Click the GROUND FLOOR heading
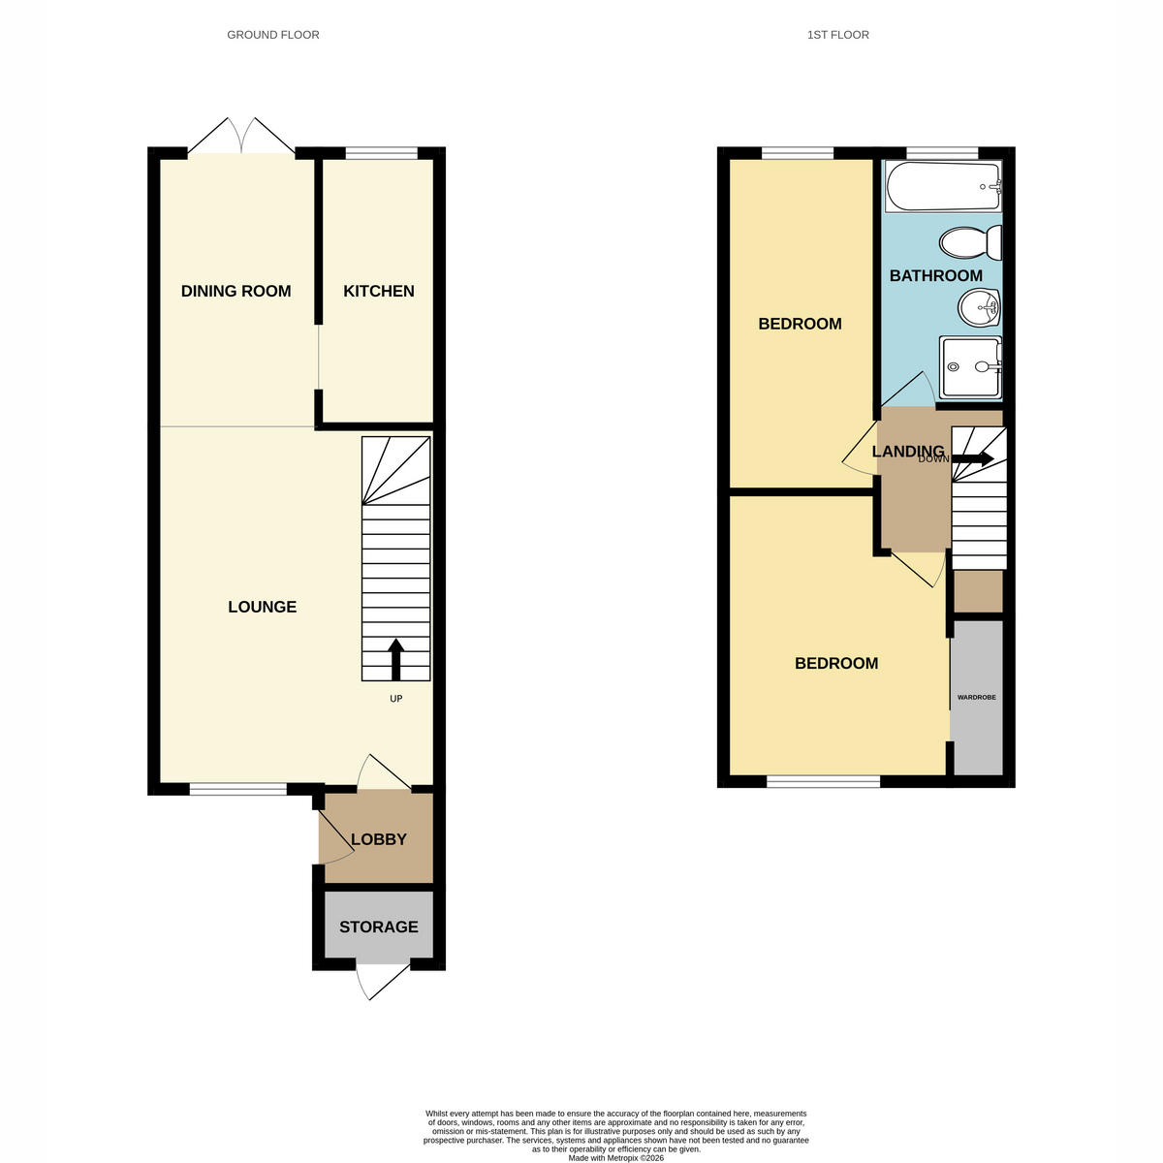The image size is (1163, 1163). pos(272,35)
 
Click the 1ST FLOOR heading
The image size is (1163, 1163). pos(837,35)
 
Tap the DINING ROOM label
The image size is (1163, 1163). pos(236,291)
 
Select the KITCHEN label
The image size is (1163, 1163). pos(378,291)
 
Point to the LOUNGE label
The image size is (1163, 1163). pos(262,607)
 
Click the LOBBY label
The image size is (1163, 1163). pos(378,839)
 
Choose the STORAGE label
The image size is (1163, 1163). pos(378,927)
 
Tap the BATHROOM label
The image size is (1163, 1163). pos(935,276)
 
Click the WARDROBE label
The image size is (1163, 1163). pos(977,697)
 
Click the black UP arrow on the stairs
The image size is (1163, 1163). pos(396,659)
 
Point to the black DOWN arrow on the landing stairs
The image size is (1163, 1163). pos(973,458)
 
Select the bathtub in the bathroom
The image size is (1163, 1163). pos(943,186)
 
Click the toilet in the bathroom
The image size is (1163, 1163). pos(970,242)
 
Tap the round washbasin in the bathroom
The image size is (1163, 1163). pos(979,307)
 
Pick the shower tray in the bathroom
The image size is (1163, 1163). pos(970,367)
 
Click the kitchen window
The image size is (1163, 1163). pos(381,153)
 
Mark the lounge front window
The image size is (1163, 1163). pos(237,789)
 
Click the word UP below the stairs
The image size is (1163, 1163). pos(396,699)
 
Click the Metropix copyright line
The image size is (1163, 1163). pos(615,1158)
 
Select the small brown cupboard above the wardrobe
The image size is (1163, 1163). pos(978,591)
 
